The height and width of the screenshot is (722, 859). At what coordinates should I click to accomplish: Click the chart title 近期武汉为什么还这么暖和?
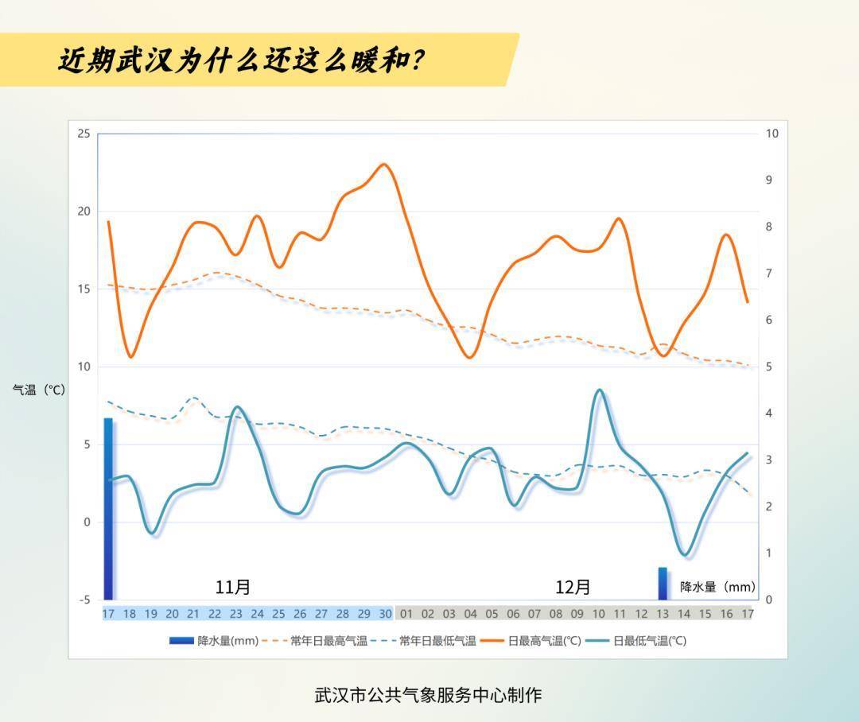[x=240, y=60]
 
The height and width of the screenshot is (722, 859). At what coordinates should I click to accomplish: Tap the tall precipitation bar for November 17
[x=108, y=509]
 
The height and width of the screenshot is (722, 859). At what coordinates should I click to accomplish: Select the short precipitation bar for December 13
[x=663, y=584]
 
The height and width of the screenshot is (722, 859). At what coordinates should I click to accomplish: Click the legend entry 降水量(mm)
[x=214, y=641]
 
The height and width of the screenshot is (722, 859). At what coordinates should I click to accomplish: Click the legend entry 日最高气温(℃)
[x=534, y=641]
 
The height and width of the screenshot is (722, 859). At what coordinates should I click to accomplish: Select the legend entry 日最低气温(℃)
[x=638, y=641]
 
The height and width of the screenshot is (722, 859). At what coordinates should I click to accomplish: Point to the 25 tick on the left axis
[x=84, y=134]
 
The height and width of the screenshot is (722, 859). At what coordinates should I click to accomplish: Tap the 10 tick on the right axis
[x=772, y=134]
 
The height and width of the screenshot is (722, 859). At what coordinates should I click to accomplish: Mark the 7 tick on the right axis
[x=769, y=274]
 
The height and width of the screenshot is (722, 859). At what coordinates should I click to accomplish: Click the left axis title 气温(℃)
[x=38, y=390]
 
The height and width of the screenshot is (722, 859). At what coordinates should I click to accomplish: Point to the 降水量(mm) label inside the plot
[x=717, y=587]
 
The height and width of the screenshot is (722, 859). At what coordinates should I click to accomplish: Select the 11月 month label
[x=233, y=587]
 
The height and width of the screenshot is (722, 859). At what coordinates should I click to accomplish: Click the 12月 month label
[x=573, y=587]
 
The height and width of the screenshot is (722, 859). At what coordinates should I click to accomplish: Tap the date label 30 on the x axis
[x=385, y=614]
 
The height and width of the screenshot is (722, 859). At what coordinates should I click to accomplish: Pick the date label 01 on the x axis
[x=406, y=614]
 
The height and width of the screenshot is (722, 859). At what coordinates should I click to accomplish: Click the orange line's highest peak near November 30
[x=384, y=165]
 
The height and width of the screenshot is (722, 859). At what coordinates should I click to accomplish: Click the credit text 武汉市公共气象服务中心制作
[x=428, y=694]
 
